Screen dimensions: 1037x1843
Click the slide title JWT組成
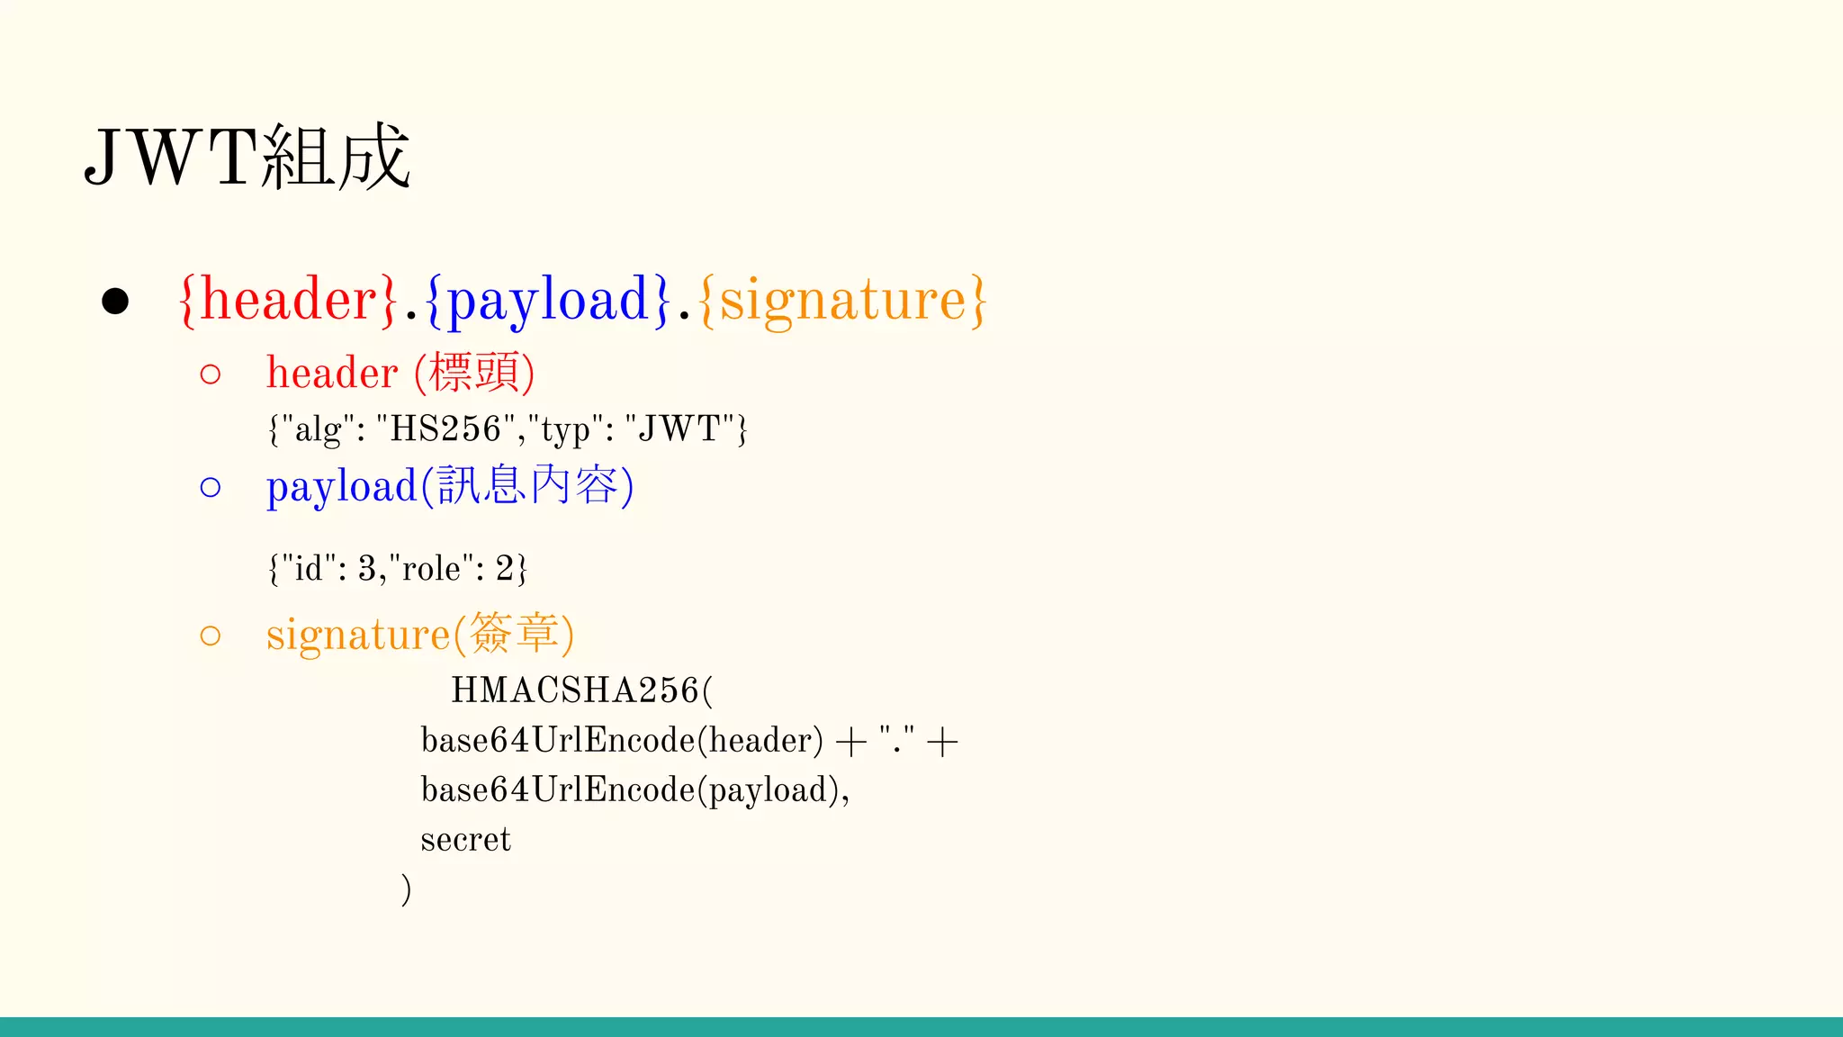coord(247,157)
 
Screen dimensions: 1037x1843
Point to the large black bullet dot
coord(115,302)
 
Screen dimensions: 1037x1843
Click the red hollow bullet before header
coord(211,374)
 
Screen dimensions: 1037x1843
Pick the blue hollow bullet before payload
coord(211,487)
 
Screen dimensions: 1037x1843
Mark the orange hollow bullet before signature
coord(211,636)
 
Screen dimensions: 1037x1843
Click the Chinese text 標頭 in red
coord(475,373)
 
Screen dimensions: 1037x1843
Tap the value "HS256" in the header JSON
coord(445,429)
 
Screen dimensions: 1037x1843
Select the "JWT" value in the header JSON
coord(679,429)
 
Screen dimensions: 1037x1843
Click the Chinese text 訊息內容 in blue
coord(527,486)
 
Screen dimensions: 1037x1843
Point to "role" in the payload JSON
coord(432,569)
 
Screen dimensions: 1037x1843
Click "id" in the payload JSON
coord(309,569)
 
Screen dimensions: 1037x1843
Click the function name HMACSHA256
coord(575,690)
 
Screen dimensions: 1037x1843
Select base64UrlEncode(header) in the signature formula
coord(622,741)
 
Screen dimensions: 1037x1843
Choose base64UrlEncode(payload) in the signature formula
coord(630,790)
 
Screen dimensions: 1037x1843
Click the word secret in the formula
coord(465,840)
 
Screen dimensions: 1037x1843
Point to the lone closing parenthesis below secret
coord(407,889)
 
